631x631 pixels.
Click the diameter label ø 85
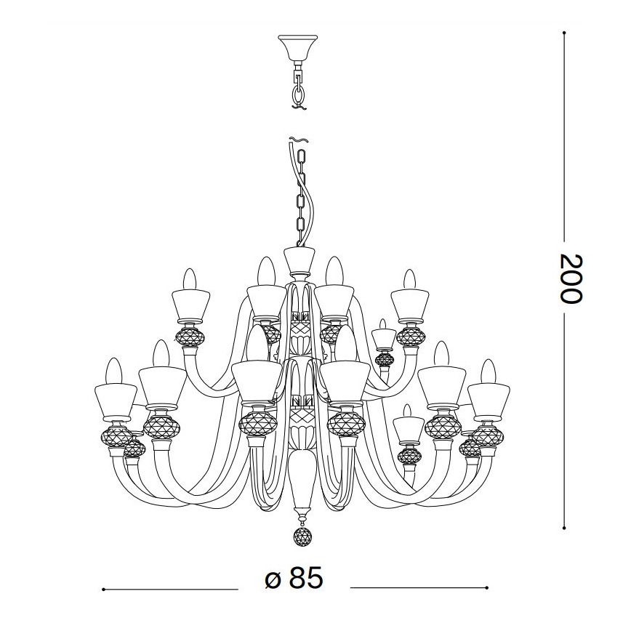(294, 579)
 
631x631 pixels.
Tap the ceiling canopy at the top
(297, 47)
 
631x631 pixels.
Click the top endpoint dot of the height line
(565, 33)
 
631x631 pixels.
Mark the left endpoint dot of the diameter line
(104, 588)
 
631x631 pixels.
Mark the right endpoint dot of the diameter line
(487, 588)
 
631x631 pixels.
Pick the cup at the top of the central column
(298, 260)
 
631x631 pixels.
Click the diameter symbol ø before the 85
(272, 580)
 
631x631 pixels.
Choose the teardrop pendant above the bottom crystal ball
(299, 480)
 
